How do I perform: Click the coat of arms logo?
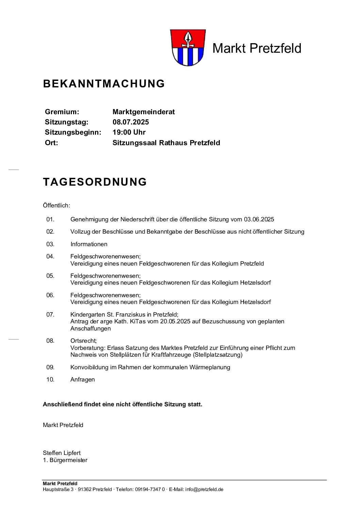187,48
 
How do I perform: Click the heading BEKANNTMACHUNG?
104,84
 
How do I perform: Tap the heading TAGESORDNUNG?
95,182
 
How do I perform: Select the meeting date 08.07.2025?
131,122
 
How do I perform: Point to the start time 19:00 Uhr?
129,132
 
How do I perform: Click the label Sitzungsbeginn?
73,132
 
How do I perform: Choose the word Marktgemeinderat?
144,112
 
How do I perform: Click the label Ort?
51,143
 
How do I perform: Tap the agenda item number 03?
50,244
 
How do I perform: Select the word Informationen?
89,244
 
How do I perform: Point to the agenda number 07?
50,315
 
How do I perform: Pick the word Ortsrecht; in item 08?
84,341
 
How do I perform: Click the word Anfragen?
83,379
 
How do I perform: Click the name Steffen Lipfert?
62,453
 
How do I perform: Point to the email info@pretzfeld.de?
204,489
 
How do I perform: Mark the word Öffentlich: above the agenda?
56,205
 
